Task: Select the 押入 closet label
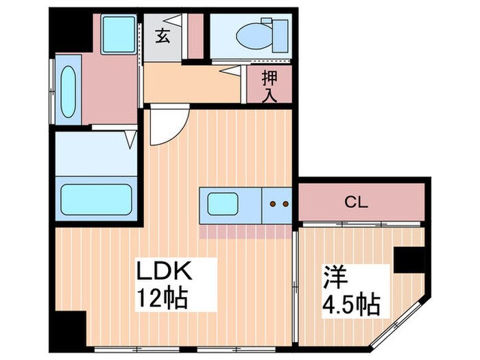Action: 269,86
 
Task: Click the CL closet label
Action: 356,202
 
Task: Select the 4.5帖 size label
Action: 351,303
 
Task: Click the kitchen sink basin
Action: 224,204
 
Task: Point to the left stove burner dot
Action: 274,204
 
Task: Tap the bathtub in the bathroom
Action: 97,197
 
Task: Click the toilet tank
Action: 279,34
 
